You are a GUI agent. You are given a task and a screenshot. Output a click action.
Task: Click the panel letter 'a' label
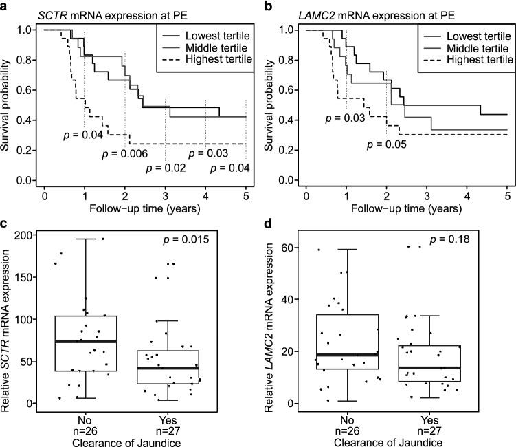coord(5,6)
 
